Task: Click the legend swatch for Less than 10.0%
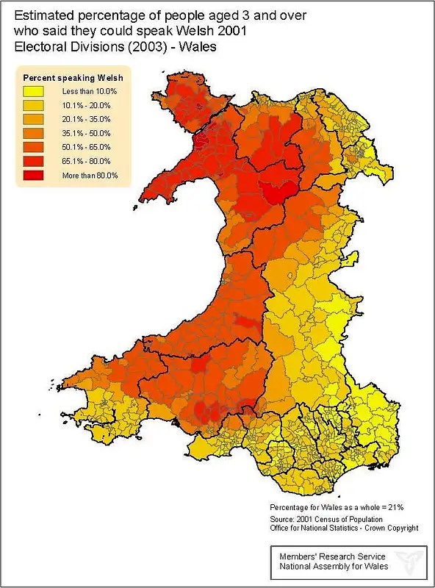pyautogui.click(x=35, y=91)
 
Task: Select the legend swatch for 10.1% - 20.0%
pyautogui.click(x=35, y=105)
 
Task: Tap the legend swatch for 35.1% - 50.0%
pyautogui.click(x=35, y=133)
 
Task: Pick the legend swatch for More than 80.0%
pyautogui.click(x=35, y=175)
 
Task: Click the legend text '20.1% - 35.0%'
pyautogui.click(x=86, y=119)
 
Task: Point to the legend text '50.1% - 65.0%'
pyautogui.click(x=86, y=147)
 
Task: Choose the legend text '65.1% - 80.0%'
pyautogui.click(x=86, y=161)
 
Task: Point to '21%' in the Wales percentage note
pyautogui.click(x=395, y=507)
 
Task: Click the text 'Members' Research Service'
pyautogui.click(x=326, y=556)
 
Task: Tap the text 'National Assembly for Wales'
pyautogui.click(x=328, y=567)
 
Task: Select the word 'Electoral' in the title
pyautogui.click(x=41, y=46)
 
